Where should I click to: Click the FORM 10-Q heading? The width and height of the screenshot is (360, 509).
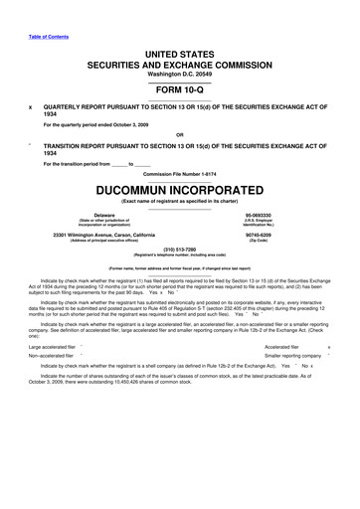pyautogui.click(x=179, y=87)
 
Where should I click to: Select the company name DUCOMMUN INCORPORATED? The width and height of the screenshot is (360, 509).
pyautogui.click(x=179, y=190)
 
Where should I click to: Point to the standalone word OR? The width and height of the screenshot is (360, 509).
pyautogui.click(x=179, y=135)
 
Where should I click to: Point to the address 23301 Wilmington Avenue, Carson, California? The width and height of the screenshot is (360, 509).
pyautogui.click(x=104, y=235)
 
